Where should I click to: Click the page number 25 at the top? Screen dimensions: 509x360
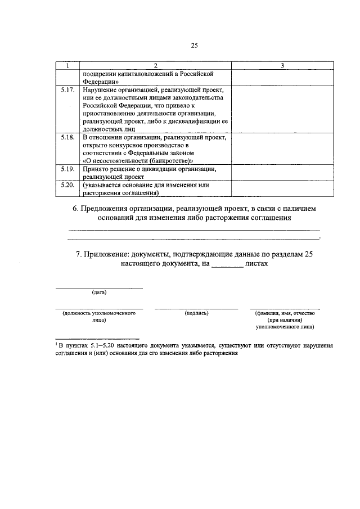tap(195, 46)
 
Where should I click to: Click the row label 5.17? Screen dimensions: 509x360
tap(67, 89)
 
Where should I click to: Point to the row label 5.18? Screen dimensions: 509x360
tap(67, 137)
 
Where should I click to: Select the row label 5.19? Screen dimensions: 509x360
tap(67, 169)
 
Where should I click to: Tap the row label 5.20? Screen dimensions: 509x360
tap(67, 184)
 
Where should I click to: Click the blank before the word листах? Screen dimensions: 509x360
tap(228, 263)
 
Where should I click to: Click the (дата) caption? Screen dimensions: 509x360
tap(99, 292)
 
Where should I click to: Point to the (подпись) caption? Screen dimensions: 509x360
tap(196, 313)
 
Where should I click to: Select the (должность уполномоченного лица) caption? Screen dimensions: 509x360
tap(99, 316)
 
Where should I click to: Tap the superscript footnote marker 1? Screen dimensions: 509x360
tap(56, 343)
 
